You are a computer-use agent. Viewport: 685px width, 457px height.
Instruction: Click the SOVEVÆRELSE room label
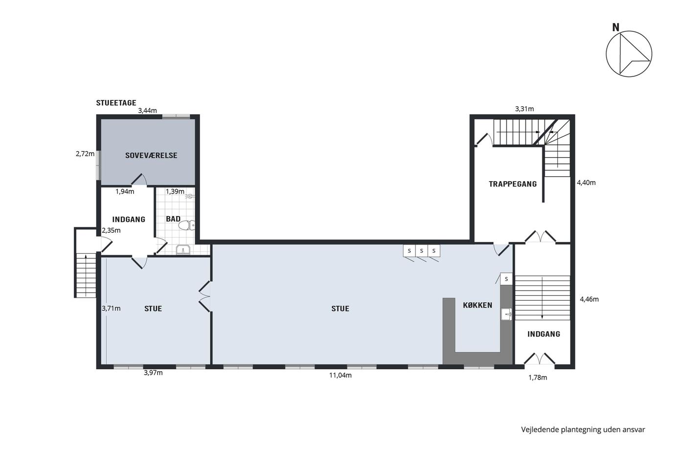151,155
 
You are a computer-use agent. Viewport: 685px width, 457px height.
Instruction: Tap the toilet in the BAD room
186,226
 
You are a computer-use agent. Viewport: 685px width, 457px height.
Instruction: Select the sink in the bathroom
183,250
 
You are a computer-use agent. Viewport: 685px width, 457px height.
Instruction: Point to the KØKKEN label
478,305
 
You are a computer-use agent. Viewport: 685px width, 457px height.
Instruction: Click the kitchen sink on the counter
506,314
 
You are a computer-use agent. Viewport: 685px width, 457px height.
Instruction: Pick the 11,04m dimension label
341,375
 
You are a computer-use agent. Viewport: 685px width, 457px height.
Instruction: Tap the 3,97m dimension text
153,373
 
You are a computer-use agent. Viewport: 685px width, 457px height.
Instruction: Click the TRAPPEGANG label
513,184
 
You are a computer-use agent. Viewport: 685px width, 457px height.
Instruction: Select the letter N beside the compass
616,27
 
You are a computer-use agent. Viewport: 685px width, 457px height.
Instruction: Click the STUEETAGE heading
116,103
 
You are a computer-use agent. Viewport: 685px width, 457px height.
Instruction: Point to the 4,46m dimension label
589,299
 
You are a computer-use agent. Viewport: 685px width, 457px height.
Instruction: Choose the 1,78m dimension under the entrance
538,378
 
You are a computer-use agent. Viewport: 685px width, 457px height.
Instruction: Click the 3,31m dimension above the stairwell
525,109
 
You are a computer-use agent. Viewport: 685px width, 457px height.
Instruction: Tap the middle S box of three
421,251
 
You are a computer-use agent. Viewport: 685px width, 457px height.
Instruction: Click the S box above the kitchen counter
506,279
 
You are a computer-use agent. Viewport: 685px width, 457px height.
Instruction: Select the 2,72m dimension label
85,154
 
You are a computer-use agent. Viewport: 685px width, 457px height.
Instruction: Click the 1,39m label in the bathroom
175,192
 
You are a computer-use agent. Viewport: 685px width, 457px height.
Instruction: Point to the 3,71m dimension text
111,309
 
